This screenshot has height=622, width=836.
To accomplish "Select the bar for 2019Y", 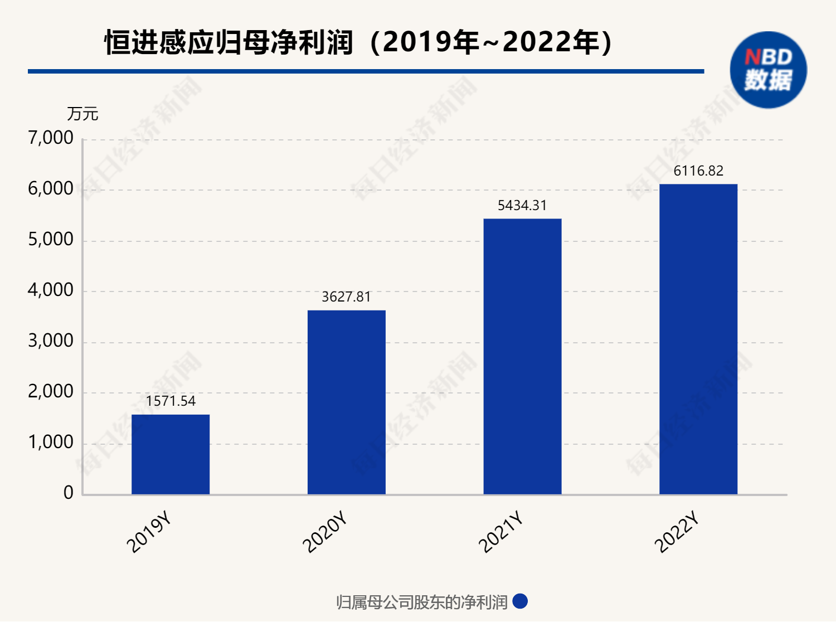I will coord(171,454).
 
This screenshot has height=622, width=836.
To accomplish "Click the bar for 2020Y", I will coord(346,402).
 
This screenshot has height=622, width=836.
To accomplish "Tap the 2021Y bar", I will coord(522,356).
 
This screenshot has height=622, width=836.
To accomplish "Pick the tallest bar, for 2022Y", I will coord(698,339).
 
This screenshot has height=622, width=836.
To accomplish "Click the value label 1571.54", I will coord(171,401).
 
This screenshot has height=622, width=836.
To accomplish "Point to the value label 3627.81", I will coord(346,297).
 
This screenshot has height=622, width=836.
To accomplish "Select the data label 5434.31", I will coord(522,206).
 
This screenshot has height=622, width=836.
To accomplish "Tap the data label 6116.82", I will coord(698,171).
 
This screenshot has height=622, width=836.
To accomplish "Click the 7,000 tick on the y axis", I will coord(51,138).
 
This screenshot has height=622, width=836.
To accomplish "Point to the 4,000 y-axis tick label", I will coord(51,290).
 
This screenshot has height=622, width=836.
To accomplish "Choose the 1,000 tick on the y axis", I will coord(51,443).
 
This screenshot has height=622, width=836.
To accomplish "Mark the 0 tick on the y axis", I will coord(68,493).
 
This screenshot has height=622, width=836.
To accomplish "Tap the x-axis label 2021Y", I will coord(501,533).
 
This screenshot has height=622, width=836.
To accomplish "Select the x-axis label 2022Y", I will coord(677,533).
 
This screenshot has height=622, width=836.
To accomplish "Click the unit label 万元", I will coord(82,114).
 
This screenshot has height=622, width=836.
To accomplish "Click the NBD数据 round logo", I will coord(768,70).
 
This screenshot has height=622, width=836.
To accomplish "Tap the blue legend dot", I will coord(520,601).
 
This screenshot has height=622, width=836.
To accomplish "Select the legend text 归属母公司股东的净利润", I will coord(422,602).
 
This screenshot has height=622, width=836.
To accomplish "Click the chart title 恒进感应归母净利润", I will coord(229,43).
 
